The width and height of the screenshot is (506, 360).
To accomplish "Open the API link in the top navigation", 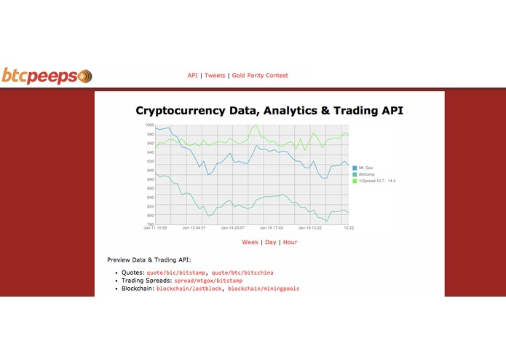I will coord(192,75).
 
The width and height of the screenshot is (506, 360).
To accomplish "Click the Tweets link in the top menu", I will coord(215,75).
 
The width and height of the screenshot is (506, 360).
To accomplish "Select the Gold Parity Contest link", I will coord(260,75).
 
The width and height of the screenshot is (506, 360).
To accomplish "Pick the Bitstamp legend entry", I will coord(368,174).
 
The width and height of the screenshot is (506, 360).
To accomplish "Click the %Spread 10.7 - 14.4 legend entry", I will coord(378,181).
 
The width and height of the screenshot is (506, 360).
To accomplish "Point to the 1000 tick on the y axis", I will coord(149,125).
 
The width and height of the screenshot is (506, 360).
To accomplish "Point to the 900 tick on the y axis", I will coord(150,171).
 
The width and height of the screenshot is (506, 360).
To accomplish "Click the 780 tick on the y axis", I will coord(150,224).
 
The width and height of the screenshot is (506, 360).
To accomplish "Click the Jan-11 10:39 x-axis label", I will coord(154,228).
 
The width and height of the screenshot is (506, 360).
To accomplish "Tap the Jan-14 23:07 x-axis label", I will coord(232,228).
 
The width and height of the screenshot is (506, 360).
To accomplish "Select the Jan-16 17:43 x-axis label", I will coord(270,228).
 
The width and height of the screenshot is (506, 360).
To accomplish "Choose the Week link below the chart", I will coord(250,242).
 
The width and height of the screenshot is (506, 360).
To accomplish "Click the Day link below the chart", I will coord(270,242).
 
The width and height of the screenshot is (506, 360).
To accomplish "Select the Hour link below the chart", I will coord(290,242).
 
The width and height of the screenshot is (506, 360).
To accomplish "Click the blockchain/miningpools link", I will coord(263,289).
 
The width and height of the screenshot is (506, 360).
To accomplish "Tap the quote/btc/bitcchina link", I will coord(242,272).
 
